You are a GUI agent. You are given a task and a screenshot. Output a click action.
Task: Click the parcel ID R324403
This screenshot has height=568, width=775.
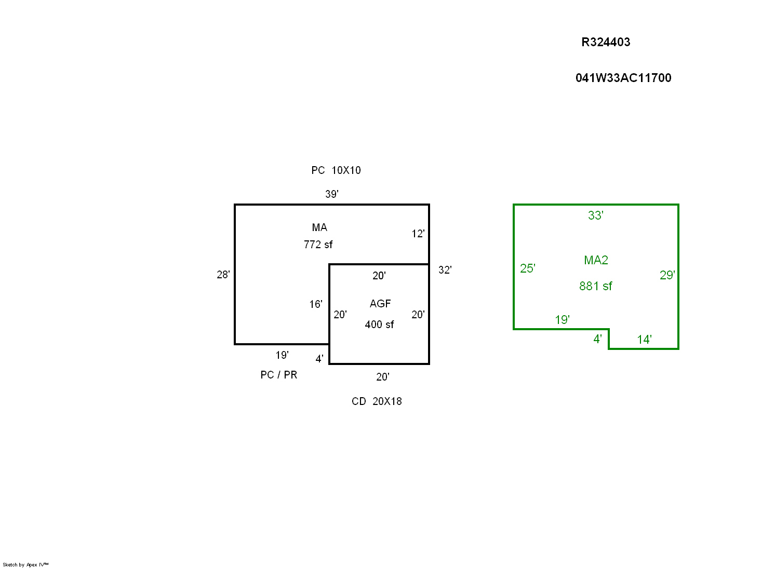[x=606, y=43]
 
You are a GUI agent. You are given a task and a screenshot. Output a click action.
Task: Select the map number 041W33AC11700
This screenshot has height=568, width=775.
[x=623, y=78]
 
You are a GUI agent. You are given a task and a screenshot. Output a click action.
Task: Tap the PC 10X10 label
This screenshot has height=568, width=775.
[x=336, y=170]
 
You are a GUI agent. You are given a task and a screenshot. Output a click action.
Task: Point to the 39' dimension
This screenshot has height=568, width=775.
[x=332, y=194]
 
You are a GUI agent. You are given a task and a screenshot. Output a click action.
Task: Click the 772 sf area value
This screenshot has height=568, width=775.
[x=318, y=245]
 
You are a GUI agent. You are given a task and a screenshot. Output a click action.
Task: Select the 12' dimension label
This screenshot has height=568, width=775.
[x=418, y=234]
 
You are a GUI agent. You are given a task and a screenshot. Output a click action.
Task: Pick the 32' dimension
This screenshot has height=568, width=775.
[x=445, y=270]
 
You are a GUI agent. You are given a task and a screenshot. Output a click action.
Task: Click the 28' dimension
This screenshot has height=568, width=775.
[x=223, y=275]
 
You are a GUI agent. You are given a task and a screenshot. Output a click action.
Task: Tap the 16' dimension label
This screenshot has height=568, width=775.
[x=316, y=304]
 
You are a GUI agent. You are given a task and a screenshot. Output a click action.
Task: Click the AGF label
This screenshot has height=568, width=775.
[x=380, y=304]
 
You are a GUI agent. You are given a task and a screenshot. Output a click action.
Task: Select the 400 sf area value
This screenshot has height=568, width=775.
[x=379, y=324]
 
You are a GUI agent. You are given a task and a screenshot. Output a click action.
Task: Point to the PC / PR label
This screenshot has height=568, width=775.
[x=279, y=375]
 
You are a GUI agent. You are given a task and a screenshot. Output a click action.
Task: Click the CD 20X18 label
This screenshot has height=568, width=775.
[x=377, y=401]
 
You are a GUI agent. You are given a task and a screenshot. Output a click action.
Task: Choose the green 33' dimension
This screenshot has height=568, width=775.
[x=596, y=215]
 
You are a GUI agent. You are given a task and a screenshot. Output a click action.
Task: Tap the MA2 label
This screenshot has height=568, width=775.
[x=596, y=260]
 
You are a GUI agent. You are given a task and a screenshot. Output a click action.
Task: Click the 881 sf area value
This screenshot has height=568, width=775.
[x=596, y=286]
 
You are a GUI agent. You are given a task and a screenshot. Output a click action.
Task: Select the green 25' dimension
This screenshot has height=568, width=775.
[x=528, y=268]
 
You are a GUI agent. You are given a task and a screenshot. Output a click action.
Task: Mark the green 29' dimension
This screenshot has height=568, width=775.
[x=667, y=275]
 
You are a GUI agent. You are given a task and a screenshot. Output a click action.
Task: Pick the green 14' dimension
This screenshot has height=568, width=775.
[x=645, y=340]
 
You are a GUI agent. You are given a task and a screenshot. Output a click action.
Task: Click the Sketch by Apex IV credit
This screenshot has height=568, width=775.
[x=25, y=564]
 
